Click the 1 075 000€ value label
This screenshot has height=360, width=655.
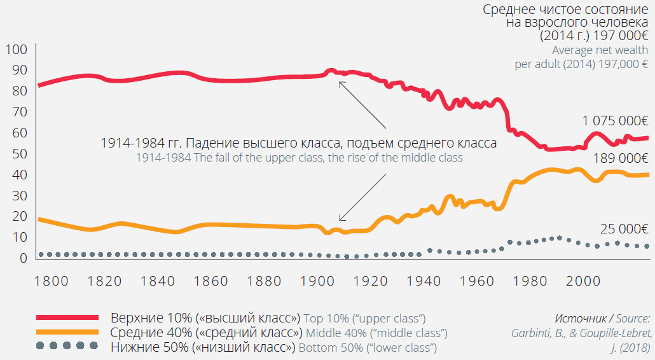coord(615,120)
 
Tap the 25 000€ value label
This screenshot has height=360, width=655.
coord(623,230)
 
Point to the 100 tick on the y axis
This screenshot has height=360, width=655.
coord(16,50)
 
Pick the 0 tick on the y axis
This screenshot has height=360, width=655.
coord(23,258)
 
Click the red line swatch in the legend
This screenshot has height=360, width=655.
coord(67,317)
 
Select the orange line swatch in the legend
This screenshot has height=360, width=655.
coord(67,332)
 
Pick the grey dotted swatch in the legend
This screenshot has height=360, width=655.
coord(67,346)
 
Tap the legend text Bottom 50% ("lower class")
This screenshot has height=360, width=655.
coord(367,348)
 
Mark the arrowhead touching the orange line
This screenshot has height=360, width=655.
coord(341,219)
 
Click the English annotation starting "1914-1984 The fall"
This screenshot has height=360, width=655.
coord(299,158)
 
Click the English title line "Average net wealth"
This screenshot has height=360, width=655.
coord(600,50)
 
